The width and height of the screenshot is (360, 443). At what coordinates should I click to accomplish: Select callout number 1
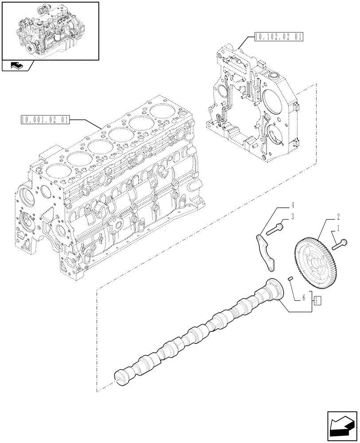click(339, 229)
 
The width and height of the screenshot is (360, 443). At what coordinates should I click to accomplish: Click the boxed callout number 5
click(317, 301)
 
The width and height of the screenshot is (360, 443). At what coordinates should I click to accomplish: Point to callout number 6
click(304, 299)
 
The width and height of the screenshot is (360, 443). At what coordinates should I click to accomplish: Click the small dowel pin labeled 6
click(291, 279)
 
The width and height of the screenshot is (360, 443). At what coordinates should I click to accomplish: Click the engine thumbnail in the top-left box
click(49, 30)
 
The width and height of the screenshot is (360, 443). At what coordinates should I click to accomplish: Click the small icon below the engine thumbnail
click(16, 66)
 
